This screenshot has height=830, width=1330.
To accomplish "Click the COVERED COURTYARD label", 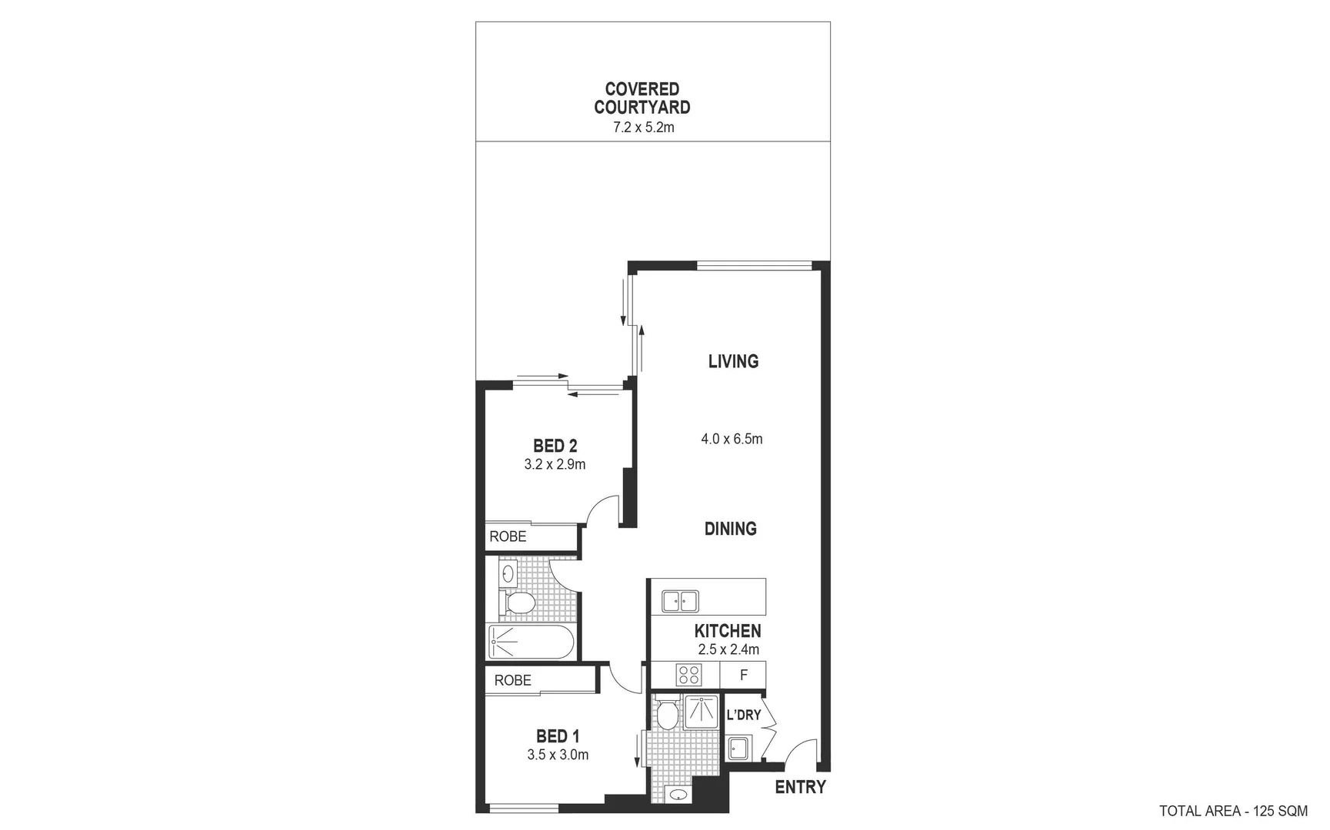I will (642, 98).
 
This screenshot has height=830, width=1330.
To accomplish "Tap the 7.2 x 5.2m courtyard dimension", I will (643, 128).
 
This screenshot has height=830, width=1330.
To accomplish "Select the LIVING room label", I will (733, 361).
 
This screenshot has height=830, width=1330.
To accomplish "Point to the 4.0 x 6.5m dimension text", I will (732, 439).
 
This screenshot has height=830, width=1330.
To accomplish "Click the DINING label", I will (730, 529).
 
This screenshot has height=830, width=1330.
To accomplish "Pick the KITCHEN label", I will (727, 631).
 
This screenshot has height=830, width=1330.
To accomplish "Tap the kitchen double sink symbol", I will (680, 600).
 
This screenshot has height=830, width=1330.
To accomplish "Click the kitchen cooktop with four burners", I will (688, 675).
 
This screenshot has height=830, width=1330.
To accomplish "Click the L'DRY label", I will (743, 715).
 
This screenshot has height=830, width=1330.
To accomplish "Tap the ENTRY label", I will (800, 787).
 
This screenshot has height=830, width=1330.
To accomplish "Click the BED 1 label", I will (558, 736).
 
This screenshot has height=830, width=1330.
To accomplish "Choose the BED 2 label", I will (555, 446).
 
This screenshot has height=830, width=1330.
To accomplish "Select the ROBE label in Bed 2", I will (508, 536).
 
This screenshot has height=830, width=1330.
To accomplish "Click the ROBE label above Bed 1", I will (512, 680).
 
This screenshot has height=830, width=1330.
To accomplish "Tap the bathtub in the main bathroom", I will (531, 642).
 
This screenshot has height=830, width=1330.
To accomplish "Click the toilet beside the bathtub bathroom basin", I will (518, 602).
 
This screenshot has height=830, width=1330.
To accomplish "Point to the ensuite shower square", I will (701, 712).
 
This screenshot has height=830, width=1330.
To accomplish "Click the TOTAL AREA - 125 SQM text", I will (1233, 811).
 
